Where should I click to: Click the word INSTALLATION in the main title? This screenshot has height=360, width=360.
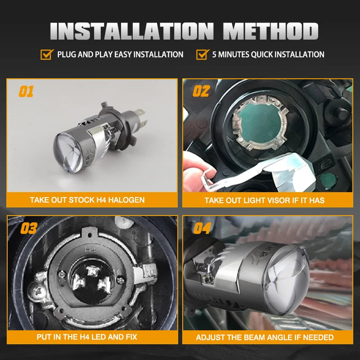pos(132,31)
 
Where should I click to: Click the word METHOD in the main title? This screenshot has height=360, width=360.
pos(271,31)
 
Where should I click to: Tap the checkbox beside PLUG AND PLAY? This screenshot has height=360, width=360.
pos(47,54)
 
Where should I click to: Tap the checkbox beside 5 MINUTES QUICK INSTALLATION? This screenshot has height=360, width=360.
pos(202,54)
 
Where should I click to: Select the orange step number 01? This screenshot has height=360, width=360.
pos(26,91)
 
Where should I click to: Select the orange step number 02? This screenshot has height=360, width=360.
pos(201,91)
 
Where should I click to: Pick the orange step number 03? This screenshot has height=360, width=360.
pos(29,228)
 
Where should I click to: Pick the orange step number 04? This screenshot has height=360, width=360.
pos(202,228)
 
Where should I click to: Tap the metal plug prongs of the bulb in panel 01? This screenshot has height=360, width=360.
pos(140,119)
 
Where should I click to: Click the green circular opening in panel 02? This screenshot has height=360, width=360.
pos(260,123)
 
